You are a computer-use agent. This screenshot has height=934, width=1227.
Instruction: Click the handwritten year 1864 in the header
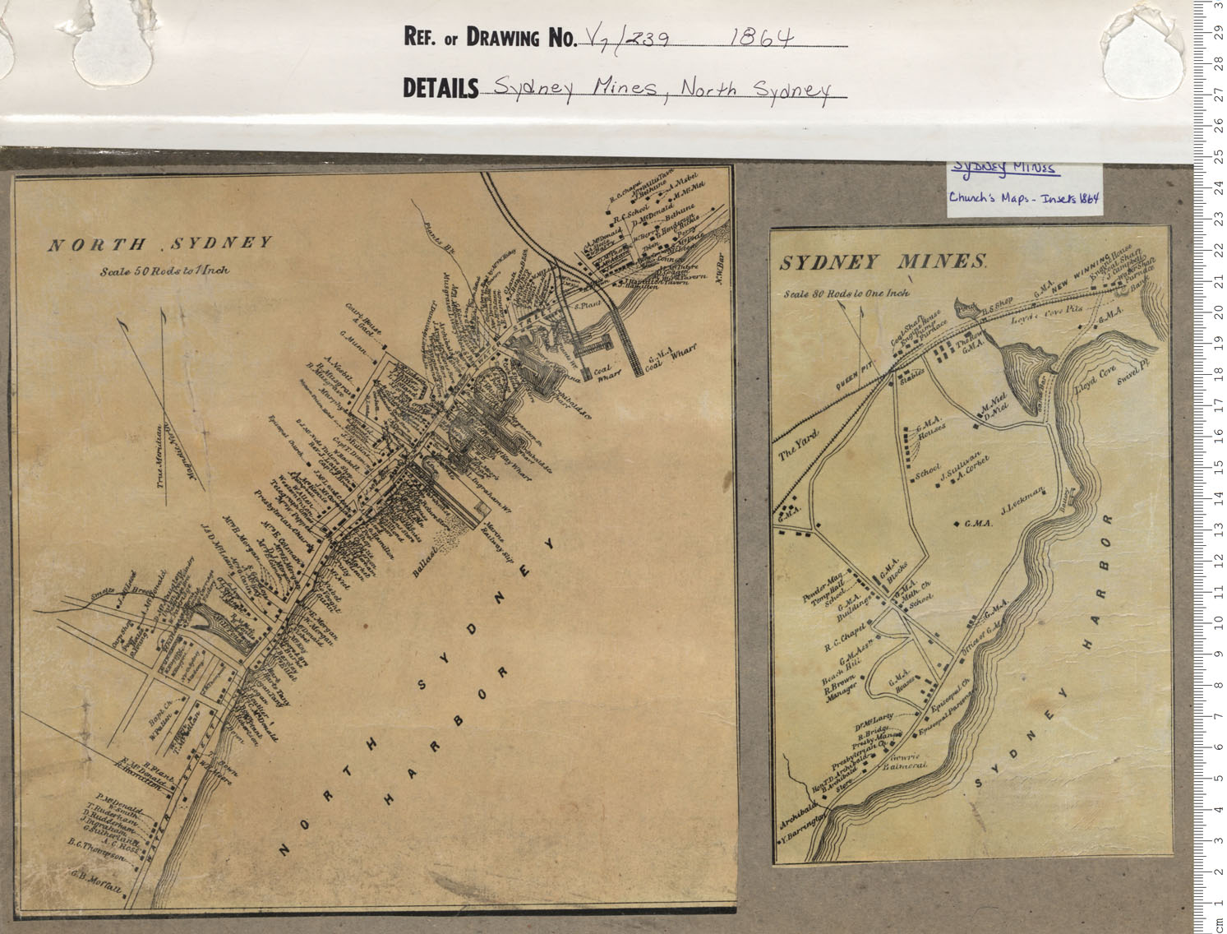760,37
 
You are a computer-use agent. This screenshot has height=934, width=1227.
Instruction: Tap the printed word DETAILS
441,88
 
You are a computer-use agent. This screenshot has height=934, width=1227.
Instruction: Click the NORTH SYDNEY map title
159,244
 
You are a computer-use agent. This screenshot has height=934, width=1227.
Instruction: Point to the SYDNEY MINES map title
883,263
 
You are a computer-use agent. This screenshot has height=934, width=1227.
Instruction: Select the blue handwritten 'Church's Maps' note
1023,198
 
